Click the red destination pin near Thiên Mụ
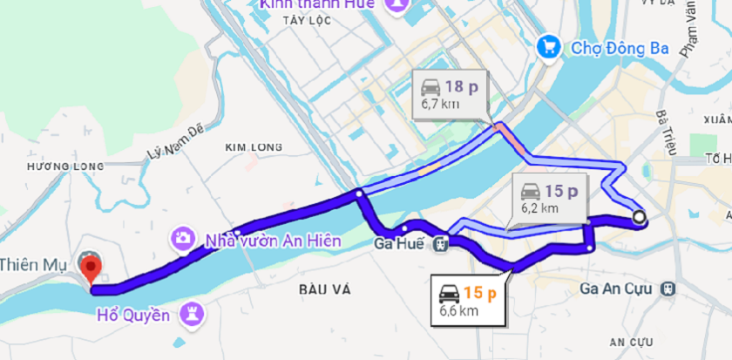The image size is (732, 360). coord(89,265)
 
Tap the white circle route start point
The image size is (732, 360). coord(640,217)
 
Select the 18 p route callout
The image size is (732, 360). coord(451,94)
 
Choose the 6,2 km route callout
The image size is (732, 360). coord(549,199)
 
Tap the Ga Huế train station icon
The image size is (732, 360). coord(442,243)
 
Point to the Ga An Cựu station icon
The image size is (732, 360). coord(668,287)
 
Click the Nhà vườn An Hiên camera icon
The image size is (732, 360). coord(183,237)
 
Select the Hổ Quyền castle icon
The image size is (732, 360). coord(194,312)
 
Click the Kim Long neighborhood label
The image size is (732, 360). coord(249,147)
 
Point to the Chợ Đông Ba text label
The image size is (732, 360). coord(620,48)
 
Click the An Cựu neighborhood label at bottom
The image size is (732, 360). coord(632,340)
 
